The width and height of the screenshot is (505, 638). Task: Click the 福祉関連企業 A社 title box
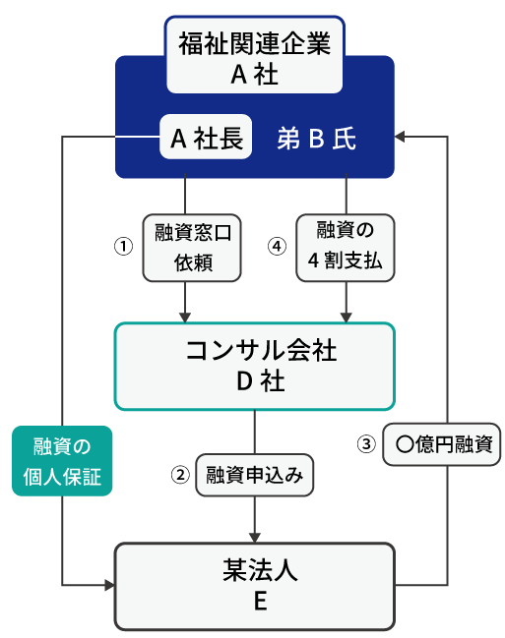coord(254,58)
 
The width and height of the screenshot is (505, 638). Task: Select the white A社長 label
coord(207,139)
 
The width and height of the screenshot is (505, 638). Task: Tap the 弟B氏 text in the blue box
coord(316,140)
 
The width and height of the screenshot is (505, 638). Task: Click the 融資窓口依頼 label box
coord(192,248)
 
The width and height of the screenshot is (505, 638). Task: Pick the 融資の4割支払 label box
coord(346,248)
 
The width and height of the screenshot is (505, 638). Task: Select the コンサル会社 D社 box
coord(255,366)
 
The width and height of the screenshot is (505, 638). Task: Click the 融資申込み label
coord(255,474)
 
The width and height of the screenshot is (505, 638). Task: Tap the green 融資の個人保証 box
coord(62,460)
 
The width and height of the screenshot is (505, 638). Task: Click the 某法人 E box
coord(255,585)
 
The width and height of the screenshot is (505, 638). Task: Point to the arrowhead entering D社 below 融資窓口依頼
coord(186,316)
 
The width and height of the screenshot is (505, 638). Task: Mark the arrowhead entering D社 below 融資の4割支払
coord(346,316)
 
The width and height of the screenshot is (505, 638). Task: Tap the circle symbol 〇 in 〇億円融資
coord(403,443)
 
